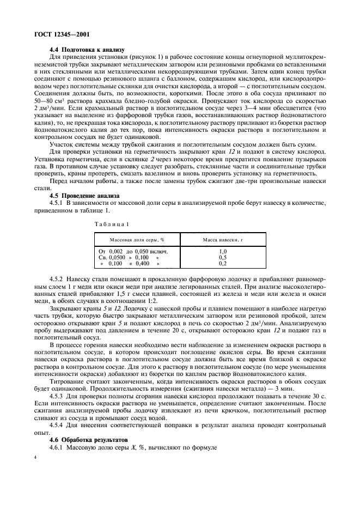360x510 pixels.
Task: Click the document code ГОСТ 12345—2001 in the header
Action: point(54,34)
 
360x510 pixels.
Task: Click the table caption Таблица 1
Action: point(112,224)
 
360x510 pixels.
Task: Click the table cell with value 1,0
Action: point(222,251)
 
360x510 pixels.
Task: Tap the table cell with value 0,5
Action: point(222,257)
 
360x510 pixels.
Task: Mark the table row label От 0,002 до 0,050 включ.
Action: point(133,251)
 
